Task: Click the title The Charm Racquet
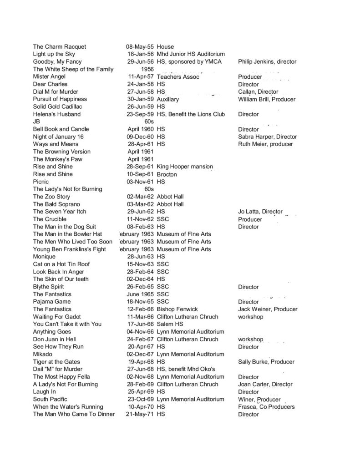pyautogui.click(x=60, y=47)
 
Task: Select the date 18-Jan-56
pyautogui.click(x=141, y=54)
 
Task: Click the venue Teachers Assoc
pyautogui.click(x=178, y=77)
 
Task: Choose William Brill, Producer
pyautogui.click(x=267, y=99)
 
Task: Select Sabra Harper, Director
pyautogui.click(x=267, y=137)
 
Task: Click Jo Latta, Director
pyautogui.click(x=260, y=212)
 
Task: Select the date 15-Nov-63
pyautogui.click(x=141, y=264)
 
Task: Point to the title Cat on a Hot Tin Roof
pyautogui.click(x=61, y=264)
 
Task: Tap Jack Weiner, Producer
pyautogui.click(x=268, y=309)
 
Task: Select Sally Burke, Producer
pyautogui.click(x=266, y=362)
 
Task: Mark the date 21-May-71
pyautogui.click(x=140, y=414)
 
